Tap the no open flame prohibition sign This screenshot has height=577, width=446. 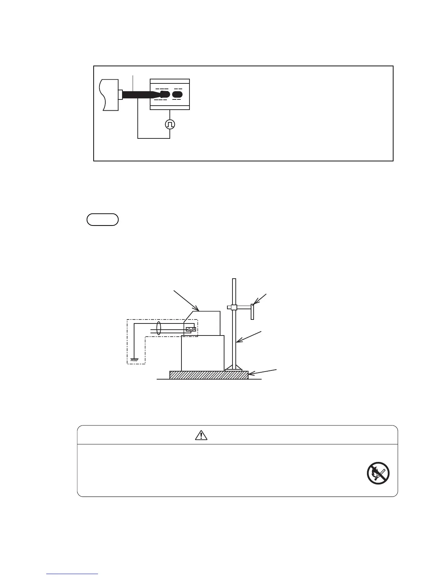click(x=378, y=474)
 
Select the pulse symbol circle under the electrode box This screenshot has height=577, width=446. click(x=170, y=124)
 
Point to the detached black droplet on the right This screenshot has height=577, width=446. click(x=177, y=94)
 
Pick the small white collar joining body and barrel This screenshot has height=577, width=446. click(x=120, y=94)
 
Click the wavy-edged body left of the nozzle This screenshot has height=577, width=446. click(x=109, y=95)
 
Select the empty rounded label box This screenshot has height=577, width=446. click(x=103, y=220)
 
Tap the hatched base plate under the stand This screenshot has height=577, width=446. click(x=209, y=375)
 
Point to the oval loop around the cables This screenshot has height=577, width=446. click(x=159, y=328)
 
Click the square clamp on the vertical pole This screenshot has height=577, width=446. click(x=234, y=307)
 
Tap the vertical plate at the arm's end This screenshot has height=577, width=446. click(x=252, y=312)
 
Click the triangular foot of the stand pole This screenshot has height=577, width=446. click(x=234, y=367)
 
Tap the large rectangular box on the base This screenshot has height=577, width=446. click(x=203, y=353)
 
